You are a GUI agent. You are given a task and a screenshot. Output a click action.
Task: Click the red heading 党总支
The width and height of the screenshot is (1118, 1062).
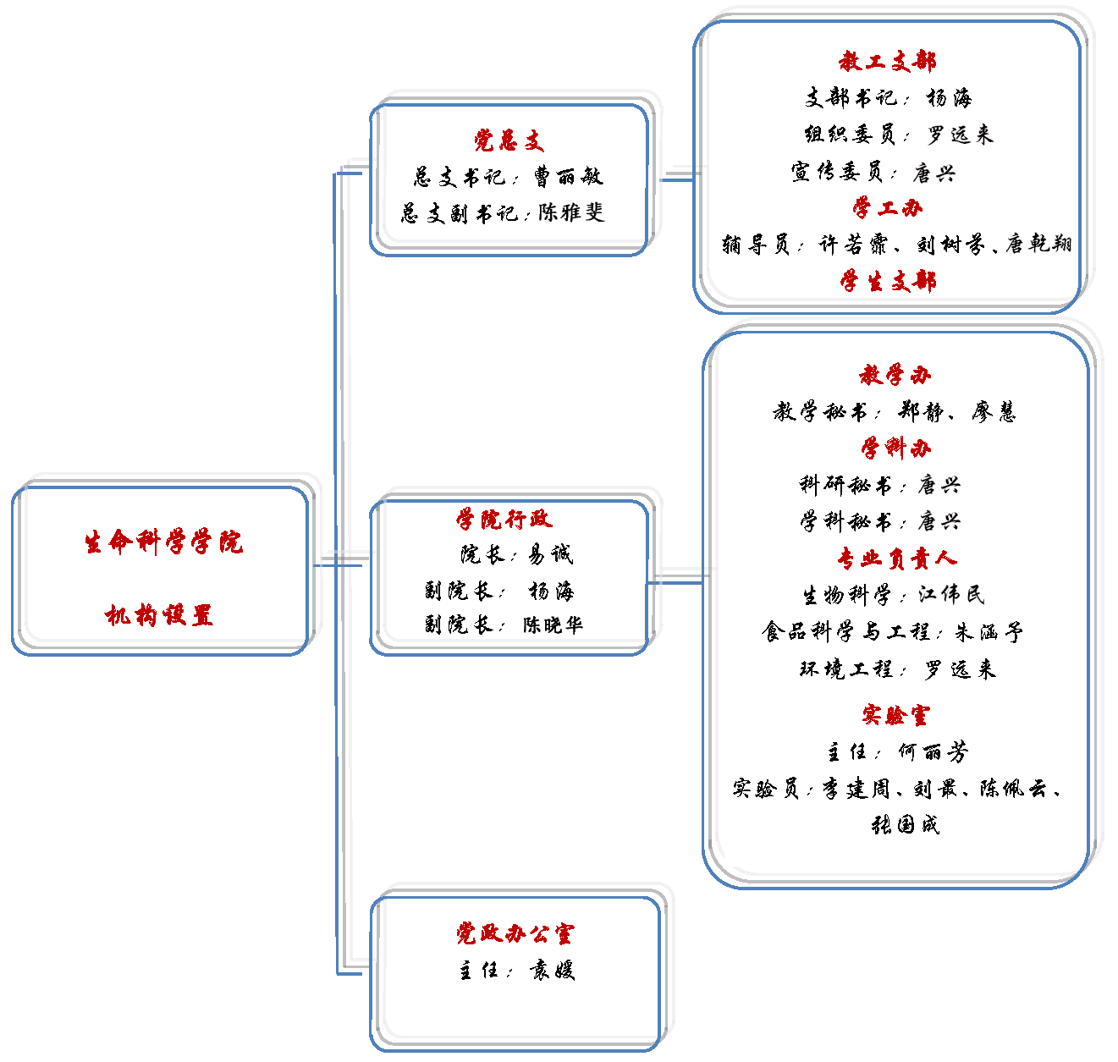coord(509,140)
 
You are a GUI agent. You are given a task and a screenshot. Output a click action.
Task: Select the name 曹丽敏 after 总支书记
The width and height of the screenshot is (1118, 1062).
coord(568,176)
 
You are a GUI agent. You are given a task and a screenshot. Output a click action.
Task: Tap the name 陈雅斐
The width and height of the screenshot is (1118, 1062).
coord(571,212)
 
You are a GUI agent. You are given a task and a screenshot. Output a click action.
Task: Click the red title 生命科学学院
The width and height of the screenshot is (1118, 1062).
coord(164,542)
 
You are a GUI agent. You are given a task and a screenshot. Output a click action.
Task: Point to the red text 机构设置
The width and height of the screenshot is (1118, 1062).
coord(159,615)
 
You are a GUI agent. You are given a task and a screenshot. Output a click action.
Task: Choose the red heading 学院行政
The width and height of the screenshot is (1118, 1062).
coord(504,519)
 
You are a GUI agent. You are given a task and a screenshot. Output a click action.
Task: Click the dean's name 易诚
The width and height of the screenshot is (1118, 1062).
coord(550,553)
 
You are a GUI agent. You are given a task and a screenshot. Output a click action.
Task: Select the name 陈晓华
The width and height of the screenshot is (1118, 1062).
coord(553,625)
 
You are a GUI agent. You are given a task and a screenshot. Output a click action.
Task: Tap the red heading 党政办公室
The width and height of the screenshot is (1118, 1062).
coord(515,933)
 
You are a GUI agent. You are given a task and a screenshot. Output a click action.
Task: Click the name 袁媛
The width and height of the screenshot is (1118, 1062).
coord(552,970)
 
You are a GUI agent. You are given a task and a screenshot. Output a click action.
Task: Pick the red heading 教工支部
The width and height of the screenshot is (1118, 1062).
coord(887,61)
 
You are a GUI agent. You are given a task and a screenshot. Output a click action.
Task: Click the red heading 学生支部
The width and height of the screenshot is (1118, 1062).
coord(888,281)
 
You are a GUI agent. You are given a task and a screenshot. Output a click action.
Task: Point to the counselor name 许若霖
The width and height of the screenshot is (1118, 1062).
coord(853,245)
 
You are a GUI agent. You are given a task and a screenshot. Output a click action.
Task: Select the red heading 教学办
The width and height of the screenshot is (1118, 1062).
coord(895,375)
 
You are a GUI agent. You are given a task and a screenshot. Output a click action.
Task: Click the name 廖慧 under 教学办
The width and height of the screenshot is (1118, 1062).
coord(993,411)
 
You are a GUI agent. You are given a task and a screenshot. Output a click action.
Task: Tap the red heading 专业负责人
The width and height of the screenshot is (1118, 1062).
coord(897,559)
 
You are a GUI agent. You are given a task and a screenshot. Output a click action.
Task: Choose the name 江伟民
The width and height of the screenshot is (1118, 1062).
coord(950,594)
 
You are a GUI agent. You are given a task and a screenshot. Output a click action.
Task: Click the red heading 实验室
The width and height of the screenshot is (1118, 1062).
coord(895,714)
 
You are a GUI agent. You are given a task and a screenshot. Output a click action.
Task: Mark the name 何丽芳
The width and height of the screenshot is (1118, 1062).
coord(934,751)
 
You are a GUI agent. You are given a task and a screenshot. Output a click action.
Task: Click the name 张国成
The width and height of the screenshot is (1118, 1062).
coord(906,824)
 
